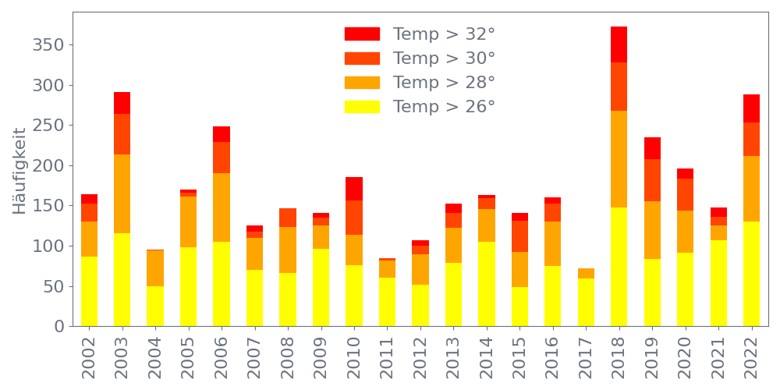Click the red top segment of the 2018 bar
619,44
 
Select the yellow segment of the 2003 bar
122,279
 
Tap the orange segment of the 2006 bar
222,207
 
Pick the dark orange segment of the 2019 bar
652,180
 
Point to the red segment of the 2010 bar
354,189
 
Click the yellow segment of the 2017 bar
586,302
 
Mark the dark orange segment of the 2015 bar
519,236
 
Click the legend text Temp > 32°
444,34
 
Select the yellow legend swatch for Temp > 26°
362,106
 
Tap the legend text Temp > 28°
444,83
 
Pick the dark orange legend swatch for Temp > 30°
362,58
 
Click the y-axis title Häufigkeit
19,171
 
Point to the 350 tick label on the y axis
48,45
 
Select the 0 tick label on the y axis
59,327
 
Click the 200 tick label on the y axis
48,166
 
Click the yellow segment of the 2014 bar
487,284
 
